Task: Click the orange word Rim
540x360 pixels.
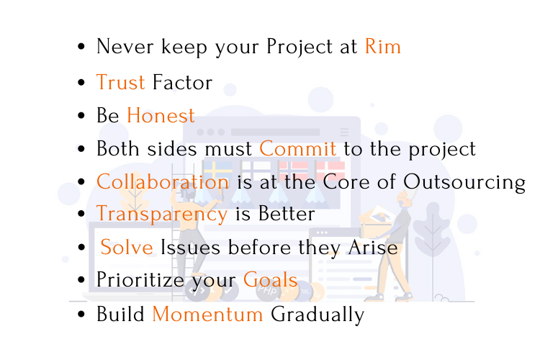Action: pos(382,47)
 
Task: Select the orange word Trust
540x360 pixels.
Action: pos(120,82)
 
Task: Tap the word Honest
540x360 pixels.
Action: pos(161,115)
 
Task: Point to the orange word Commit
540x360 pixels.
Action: pos(297,148)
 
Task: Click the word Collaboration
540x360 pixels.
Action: pos(163,181)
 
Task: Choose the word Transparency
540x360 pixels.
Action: pos(162,215)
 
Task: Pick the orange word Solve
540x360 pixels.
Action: pos(127,247)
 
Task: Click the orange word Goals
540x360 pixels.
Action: pos(270,279)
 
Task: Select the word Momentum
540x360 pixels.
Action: pos(207,314)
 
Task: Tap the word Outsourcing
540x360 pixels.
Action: pos(464,183)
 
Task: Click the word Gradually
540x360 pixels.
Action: pos(318,315)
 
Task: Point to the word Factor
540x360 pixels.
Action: pos(182,82)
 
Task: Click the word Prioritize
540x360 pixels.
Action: pos(140,279)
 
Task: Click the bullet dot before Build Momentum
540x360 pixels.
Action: pos(81,314)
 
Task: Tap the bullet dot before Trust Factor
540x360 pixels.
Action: pos(81,82)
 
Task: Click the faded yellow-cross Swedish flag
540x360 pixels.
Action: pos(218,169)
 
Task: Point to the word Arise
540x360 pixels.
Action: pos(373,248)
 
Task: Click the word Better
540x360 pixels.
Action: pos(287,214)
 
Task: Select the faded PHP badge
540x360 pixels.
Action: pos(267,291)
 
